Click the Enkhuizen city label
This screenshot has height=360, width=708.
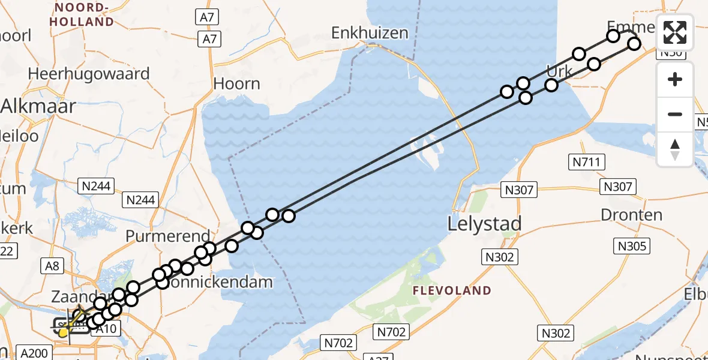[x=370, y=32]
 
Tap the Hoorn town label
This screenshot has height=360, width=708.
[x=237, y=83]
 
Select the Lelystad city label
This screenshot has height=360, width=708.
[x=485, y=224]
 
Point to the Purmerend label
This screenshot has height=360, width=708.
[x=168, y=236]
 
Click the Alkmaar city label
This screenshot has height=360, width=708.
[x=38, y=107]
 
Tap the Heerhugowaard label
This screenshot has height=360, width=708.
[x=89, y=74]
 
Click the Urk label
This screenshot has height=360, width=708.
[x=560, y=71]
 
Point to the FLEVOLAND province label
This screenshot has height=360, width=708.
[x=452, y=291]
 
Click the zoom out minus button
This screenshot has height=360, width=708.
[x=675, y=114]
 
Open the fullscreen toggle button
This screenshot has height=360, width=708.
[x=675, y=32]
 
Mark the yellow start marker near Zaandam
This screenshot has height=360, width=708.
[x=63, y=332]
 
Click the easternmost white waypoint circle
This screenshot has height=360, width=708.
[x=634, y=43]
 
